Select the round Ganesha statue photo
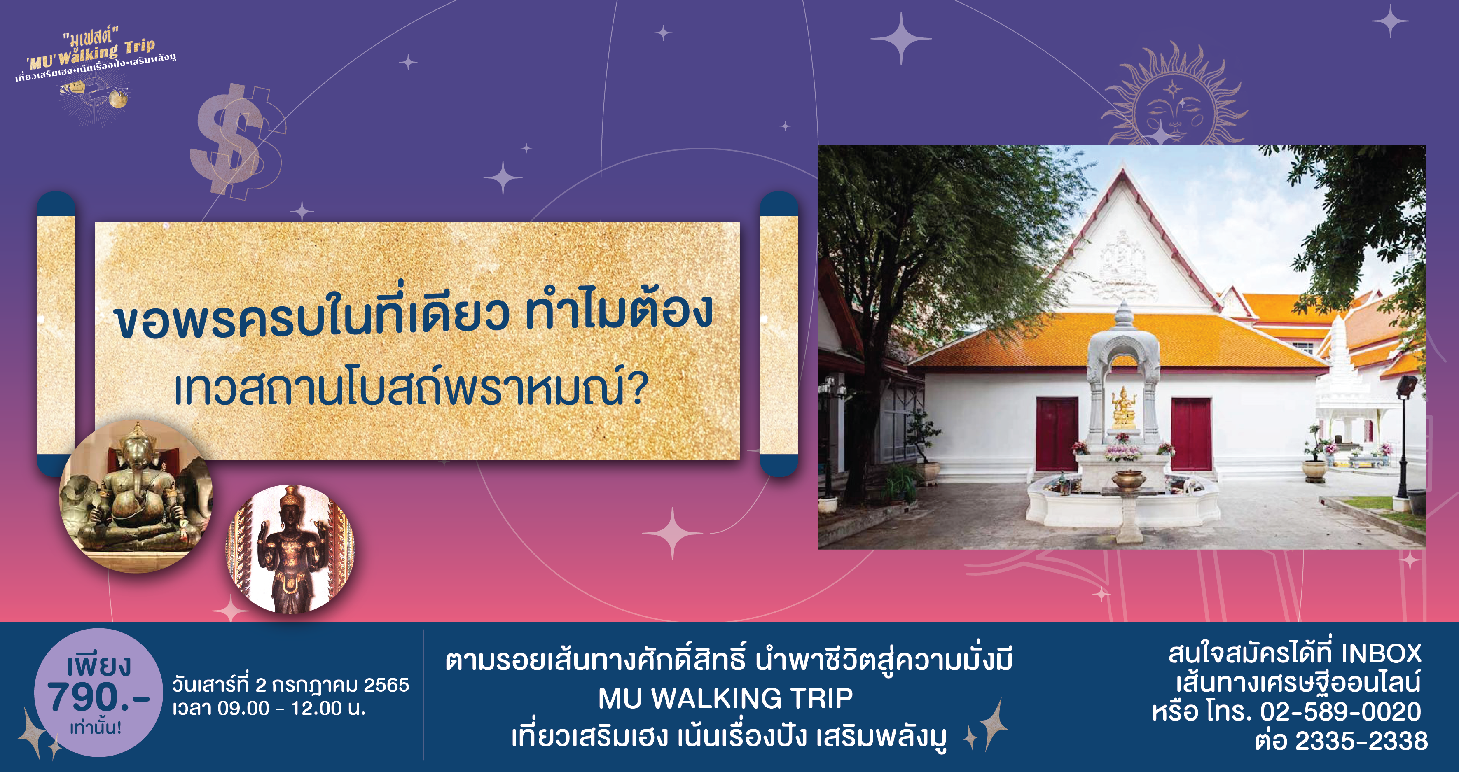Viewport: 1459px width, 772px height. point(136,496)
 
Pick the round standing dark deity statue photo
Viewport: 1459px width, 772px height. point(290,548)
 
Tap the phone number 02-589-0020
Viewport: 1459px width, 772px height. point(1341,711)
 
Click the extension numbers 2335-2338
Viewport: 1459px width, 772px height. point(1362,741)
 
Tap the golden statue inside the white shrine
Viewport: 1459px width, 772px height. point(1123,406)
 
